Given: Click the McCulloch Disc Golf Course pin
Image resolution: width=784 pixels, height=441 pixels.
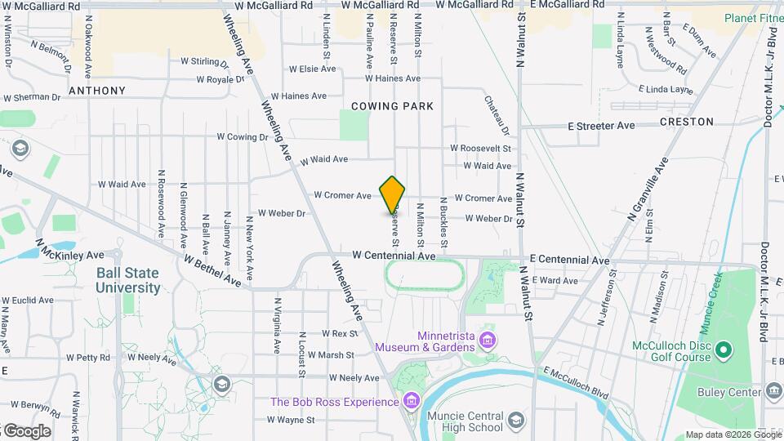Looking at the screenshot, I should click(x=723, y=351).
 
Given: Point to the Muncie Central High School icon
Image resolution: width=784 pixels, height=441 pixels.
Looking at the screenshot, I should click(x=515, y=421).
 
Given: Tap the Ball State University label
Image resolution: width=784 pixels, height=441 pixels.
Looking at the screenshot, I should click(x=127, y=280).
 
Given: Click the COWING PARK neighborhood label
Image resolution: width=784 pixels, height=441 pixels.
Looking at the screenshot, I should click(x=392, y=106).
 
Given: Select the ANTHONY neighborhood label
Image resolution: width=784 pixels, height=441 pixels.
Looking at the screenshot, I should click(x=97, y=91).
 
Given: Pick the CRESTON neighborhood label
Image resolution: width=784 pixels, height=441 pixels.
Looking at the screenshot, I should click(x=686, y=122).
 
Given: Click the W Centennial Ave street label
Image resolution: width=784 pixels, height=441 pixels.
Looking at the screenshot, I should click(x=394, y=256).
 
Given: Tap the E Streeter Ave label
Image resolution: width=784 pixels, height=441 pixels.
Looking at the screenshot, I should click(x=601, y=126).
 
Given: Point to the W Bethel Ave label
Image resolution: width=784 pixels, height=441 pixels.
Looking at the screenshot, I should click(x=212, y=270).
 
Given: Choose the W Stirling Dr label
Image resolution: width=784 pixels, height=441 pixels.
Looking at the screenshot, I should click(x=205, y=61).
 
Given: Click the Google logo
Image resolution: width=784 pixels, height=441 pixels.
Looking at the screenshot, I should click(x=27, y=430).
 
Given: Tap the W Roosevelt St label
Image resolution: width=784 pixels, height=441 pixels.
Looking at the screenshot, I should click(x=480, y=149).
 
